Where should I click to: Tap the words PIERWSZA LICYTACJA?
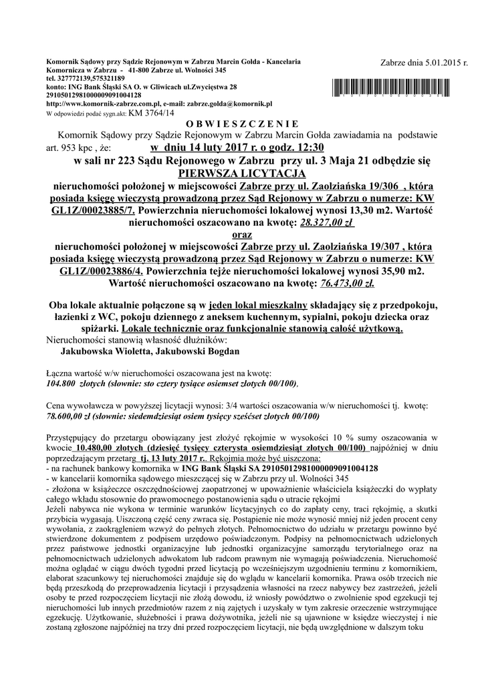(241, 172)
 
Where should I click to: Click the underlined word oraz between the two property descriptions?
(241, 234)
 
